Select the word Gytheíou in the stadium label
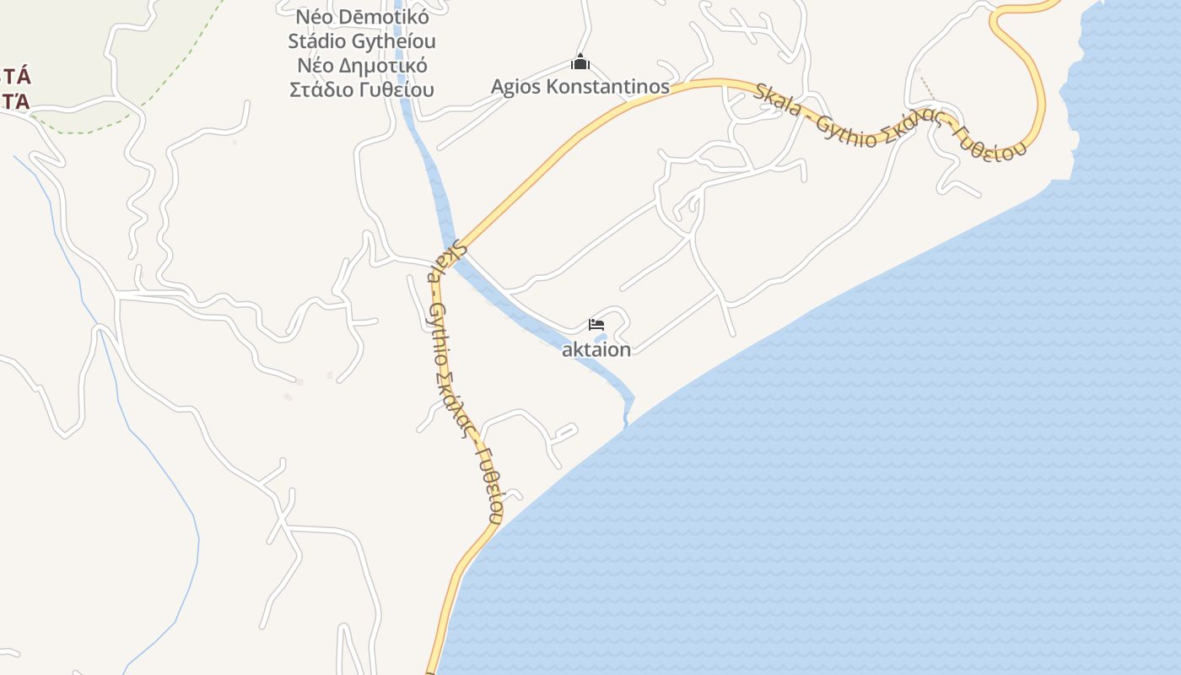pos(395,40)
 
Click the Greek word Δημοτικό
pos(388,65)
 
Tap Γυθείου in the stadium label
pos(396,89)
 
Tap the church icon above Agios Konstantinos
pos(580,62)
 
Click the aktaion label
pos(596,349)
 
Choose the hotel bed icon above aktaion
pos(596,325)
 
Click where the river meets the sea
pos(627,422)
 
